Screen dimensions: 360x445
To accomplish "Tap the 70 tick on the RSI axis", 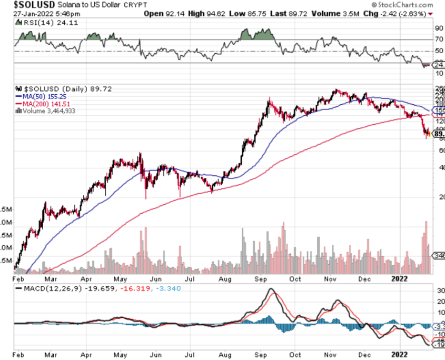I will coord(438,39).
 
